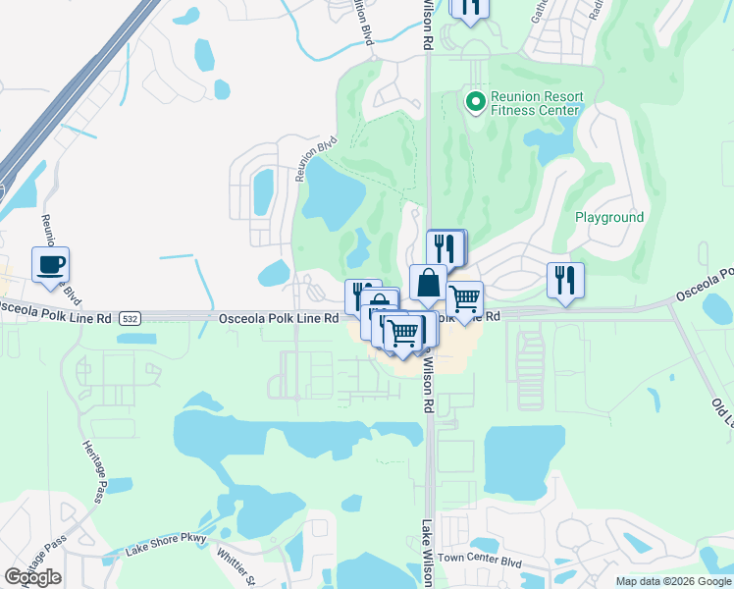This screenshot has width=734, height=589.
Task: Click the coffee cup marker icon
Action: tap(50, 264)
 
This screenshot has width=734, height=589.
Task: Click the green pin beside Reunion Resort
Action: tap(475, 101)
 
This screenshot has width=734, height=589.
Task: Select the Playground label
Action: tap(608, 217)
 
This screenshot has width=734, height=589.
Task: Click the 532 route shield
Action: tap(131, 319)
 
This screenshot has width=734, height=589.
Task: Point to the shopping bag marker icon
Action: tap(428, 284)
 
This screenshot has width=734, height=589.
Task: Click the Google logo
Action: tap(32, 577)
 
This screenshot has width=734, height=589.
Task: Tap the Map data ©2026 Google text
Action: tap(673, 581)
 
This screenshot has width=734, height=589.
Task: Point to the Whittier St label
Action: tap(236, 566)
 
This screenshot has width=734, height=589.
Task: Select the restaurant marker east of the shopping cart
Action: tap(565, 280)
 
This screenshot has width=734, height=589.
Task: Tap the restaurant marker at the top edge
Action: tap(470, 7)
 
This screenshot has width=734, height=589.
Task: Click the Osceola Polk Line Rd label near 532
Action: tap(279, 318)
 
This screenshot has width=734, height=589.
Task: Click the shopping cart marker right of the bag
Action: tap(464, 298)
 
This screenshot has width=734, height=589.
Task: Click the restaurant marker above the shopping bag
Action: tap(446, 248)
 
